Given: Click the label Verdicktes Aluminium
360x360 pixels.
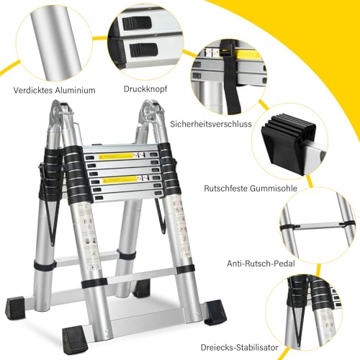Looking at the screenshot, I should click(54, 91).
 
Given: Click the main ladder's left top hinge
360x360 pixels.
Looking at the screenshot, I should click(60, 114).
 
